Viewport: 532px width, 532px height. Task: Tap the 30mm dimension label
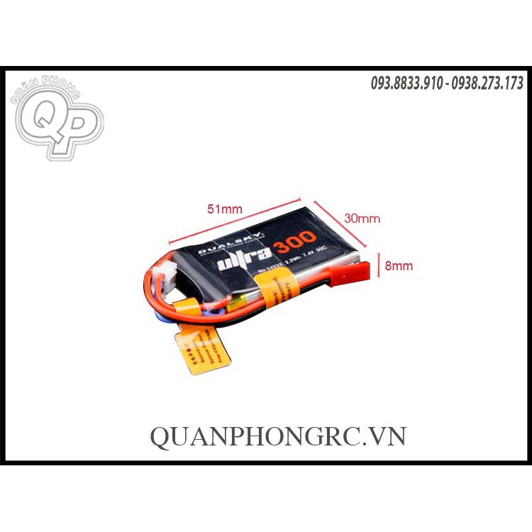coord(362,218)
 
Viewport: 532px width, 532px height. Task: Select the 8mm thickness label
coord(398,266)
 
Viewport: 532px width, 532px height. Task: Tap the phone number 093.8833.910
coord(406,84)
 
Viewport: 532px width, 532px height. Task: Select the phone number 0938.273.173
coord(487,84)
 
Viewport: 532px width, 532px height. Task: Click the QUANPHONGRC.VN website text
coord(277,436)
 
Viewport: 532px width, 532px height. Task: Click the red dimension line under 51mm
coord(234,218)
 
